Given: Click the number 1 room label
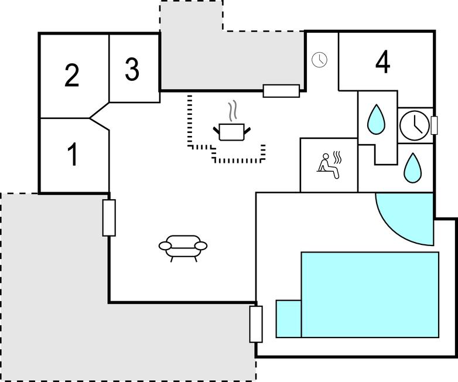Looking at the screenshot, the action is tap(73, 154).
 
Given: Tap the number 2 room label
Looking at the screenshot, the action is tap(72, 76).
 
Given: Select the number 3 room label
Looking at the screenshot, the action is tap(132, 69).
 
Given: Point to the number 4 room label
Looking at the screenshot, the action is tap(382, 62).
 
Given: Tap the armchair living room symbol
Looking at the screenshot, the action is tap(183, 248).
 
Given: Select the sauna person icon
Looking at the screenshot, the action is tap(328, 166).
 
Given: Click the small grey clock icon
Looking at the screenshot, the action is tap(319, 60).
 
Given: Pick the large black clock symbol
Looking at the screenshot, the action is tap(415, 126).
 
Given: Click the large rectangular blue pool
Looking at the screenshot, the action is tap(370, 295).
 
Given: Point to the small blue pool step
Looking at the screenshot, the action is tap(289, 319).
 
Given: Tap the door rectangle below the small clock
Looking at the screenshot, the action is tap(281, 91).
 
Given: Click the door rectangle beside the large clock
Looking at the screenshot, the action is tap(435, 125).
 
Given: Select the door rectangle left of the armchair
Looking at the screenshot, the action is tap(109, 218).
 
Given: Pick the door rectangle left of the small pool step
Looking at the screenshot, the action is tap(256, 324).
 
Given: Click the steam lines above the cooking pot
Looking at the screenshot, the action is tap(232, 111).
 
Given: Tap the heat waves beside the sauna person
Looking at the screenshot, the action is tap(337, 158).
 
